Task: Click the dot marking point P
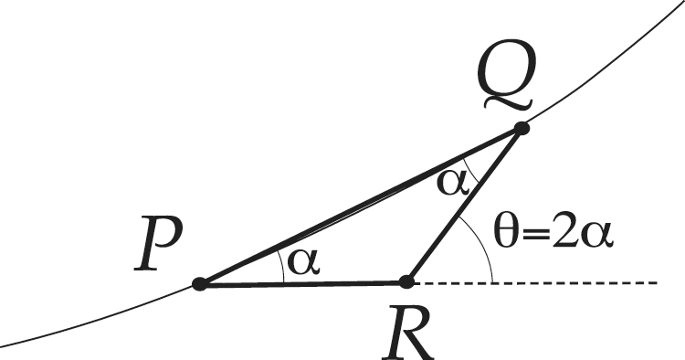tap(199, 284)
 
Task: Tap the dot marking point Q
tap(522, 129)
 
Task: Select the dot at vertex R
tap(407, 281)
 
